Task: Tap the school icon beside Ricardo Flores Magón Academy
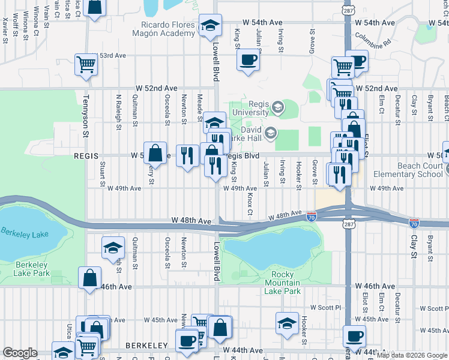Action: tap(210, 25)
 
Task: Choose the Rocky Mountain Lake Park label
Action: tap(283, 282)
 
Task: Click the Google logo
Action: tap(20, 353)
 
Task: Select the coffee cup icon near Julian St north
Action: tap(247, 60)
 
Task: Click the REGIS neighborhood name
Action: tap(85, 155)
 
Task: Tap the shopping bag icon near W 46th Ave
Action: tap(89, 278)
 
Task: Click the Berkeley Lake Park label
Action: tap(32, 269)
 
